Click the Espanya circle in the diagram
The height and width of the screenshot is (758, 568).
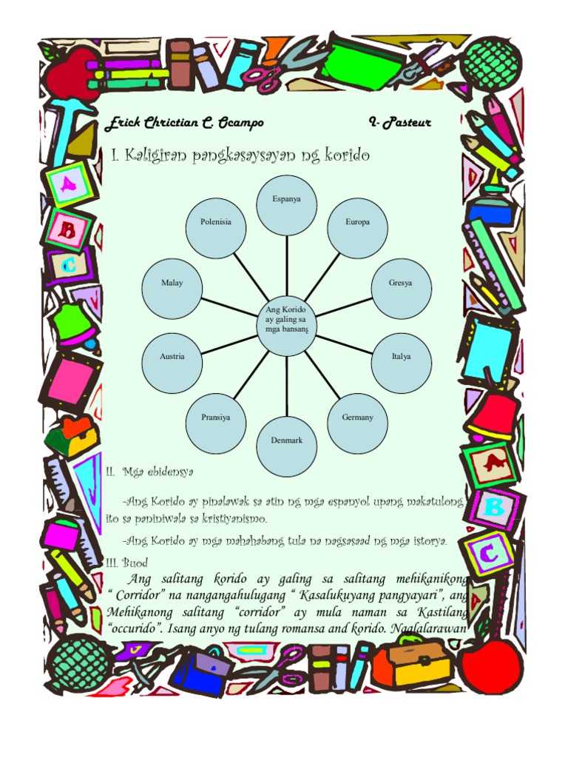(x=286, y=206)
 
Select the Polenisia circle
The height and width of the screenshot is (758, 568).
(x=216, y=228)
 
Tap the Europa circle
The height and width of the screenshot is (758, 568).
(x=357, y=228)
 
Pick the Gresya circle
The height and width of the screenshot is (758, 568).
(x=402, y=289)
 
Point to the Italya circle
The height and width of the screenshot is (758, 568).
(x=402, y=363)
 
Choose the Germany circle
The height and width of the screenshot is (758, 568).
(x=357, y=423)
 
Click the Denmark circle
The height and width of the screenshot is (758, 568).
(x=286, y=446)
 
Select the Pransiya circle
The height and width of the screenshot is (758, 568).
(x=216, y=423)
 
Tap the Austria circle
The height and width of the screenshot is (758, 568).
(x=172, y=363)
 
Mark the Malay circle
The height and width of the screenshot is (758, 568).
(x=172, y=289)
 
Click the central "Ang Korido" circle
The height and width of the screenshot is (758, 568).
(x=286, y=326)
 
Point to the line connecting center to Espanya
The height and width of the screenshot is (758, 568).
(x=286, y=266)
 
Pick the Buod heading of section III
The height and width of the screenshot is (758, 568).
(x=135, y=563)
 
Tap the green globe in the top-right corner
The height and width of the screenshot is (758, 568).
(x=490, y=65)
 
